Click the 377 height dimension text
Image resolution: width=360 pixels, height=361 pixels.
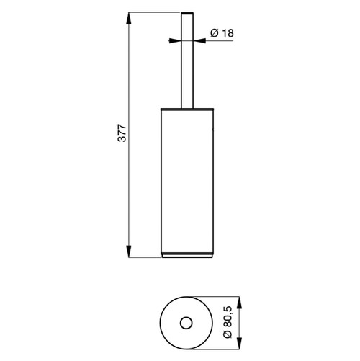pyautogui.click(x=122, y=135)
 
